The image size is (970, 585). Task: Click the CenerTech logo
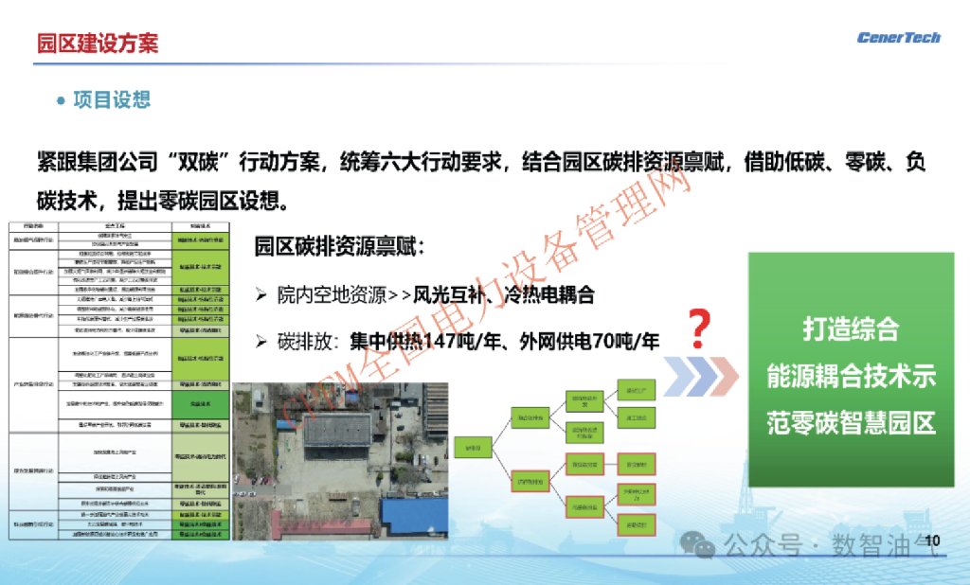click(898, 38)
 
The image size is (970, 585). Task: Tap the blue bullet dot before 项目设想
click(62, 100)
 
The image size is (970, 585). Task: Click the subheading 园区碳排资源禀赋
click(339, 247)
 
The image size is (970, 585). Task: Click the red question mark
click(698, 329)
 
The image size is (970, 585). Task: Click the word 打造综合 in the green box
click(851, 329)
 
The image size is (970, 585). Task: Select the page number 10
click(931, 541)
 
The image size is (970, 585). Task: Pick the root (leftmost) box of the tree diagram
click(471, 447)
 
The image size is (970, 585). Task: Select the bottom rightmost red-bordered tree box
click(636, 523)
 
